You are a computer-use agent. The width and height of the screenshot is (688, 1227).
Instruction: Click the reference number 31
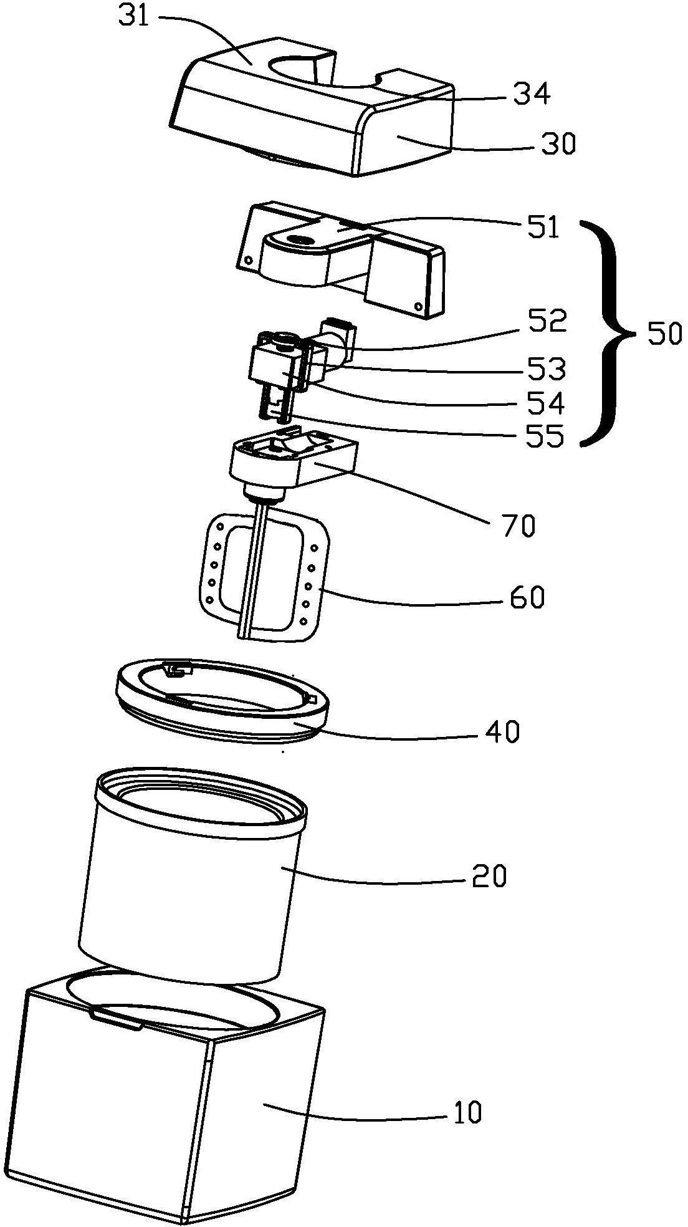(134, 16)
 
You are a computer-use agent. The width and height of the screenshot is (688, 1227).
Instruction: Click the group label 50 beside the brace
(664, 335)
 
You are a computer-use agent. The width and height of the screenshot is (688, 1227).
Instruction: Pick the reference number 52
(548, 320)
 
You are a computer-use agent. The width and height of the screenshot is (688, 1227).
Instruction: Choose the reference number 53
(547, 370)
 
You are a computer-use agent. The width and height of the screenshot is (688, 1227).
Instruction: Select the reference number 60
(526, 597)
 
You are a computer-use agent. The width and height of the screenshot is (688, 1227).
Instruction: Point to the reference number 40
(502, 733)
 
